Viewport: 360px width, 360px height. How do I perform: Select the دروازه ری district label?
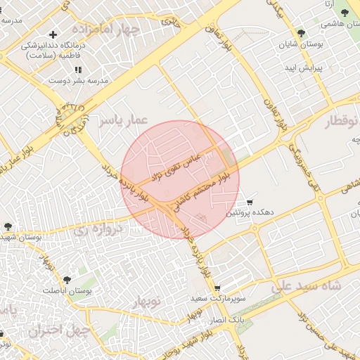click(x=99, y=229)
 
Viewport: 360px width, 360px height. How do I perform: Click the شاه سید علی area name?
click(x=307, y=286)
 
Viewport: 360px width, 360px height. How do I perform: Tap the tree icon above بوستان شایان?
click(x=301, y=33)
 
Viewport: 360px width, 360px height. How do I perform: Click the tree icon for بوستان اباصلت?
click(x=67, y=280)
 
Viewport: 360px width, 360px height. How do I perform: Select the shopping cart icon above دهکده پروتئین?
click(x=250, y=201)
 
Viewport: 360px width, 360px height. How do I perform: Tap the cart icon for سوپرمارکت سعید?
click(x=217, y=288)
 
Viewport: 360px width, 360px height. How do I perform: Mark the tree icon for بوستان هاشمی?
click(x=345, y=13)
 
